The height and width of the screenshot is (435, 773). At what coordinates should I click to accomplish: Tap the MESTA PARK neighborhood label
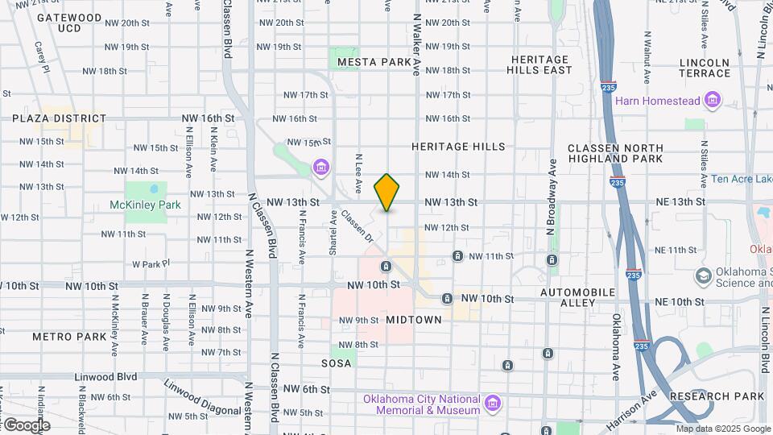tap(374, 62)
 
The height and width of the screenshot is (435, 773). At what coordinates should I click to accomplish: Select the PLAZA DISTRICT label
tap(59, 118)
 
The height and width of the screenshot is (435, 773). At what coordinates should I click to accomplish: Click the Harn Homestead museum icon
tap(712, 101)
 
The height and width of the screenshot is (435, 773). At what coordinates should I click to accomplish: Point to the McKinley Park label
tap(145, 205)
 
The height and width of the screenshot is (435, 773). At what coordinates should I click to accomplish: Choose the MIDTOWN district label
tap(413, 320)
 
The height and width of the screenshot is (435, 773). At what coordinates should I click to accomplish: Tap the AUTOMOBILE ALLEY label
tap(577, 297)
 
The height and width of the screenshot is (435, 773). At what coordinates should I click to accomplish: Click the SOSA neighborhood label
tap(336, 363)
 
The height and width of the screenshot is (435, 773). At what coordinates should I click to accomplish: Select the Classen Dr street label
tap(358, 226)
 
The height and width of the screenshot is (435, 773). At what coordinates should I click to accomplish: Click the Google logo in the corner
tap(26, 425)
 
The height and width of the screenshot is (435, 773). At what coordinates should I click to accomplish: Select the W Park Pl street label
tap(151, 263)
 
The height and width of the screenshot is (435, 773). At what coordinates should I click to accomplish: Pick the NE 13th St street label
tap(679, 201)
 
